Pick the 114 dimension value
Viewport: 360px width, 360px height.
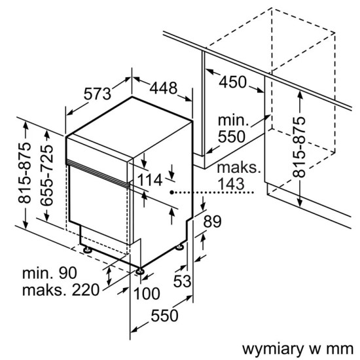[151, 181]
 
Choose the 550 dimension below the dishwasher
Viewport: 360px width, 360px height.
[164, 315]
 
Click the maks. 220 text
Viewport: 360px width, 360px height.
[60, 290]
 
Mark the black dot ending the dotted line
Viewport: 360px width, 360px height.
[171, 193]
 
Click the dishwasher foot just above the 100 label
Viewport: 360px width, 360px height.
[139, 269]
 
